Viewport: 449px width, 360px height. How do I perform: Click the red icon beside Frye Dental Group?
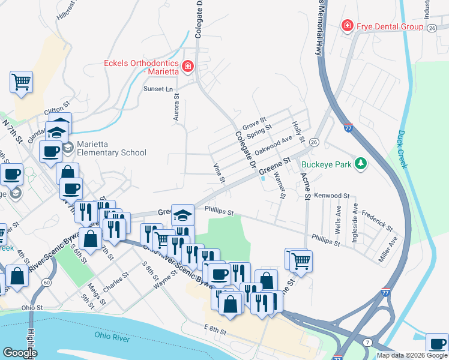click(346, 26)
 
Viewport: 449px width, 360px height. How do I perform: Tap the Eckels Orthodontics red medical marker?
click(188, 66)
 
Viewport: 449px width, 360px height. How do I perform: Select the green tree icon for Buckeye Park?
click(360, 163)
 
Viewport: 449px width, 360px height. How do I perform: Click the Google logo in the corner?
click(20, 353)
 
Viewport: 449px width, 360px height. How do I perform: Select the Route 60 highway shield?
click(46, 283)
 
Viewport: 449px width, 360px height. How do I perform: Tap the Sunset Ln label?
click(158, 89)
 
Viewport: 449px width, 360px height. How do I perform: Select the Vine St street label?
click(218, 173)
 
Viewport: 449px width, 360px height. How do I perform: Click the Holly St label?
click(297, 127)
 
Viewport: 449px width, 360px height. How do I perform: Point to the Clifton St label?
click(58, 111)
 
